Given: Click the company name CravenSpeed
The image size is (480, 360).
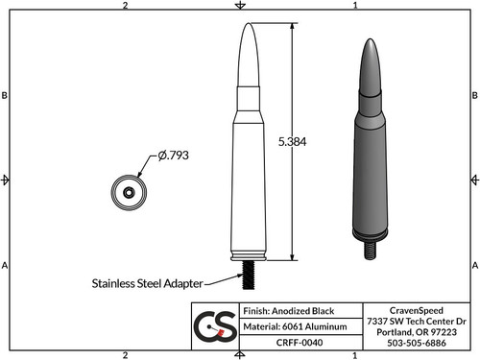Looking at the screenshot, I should [x=416, y=310].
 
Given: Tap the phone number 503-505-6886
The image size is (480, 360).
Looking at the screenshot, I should [x=416, y=342].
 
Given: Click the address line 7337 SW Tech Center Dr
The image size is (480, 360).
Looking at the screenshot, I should [x=416, y=321].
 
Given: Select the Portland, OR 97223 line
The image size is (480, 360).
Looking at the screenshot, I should [x=416, y=331].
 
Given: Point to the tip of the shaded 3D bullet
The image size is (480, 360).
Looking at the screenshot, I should [x=371, y=42].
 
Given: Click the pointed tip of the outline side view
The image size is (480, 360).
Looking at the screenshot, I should [x=246, y=24].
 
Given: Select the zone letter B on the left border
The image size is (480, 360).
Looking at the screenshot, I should [x=6, y=96].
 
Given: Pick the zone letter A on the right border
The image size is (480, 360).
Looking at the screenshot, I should [x=474, y=264].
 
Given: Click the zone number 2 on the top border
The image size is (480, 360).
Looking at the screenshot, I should [x=126, y=6].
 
